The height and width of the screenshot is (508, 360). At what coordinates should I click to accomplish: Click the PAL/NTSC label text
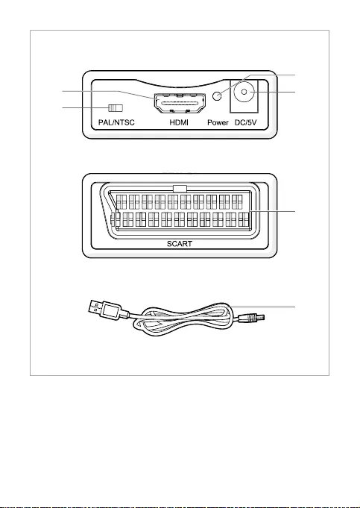tap(116, 122)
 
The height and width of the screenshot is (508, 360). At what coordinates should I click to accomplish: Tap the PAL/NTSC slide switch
tap(116, 107)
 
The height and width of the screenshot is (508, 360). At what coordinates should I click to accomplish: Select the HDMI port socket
tap(180, 104)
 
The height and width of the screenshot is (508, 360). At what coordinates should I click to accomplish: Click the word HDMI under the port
tap(179, 122)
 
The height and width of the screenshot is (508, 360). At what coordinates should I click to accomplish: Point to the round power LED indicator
tap(218, 95)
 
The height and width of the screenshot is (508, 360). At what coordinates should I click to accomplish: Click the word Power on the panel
tap(218, 122)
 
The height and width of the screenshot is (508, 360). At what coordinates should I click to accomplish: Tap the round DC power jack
tap(244, 92)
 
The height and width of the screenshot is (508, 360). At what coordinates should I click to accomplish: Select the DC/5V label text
tap(245, 122)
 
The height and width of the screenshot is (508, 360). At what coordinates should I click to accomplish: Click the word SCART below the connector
tap(180, 244)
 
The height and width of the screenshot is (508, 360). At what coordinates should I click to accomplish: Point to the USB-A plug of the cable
tap(104, 310)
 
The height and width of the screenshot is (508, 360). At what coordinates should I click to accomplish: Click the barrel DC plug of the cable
tap(251, 318)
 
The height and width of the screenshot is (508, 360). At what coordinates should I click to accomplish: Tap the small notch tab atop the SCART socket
tap(180, 189)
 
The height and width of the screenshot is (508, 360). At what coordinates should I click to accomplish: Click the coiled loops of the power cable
tap(183, 320)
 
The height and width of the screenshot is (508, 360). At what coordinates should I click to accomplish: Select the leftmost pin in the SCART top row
tap(121, 202)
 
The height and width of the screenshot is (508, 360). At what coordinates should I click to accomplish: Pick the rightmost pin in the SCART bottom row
tap(244, 219)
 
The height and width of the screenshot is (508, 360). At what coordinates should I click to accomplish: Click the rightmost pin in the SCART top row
tap(237, 202)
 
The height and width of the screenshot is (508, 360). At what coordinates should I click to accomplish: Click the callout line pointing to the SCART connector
tap(272, 212)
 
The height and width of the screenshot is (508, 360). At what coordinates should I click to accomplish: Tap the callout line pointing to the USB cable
tap(262, 306)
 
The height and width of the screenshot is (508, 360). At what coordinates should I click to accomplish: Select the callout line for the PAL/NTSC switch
tap(86, 107)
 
